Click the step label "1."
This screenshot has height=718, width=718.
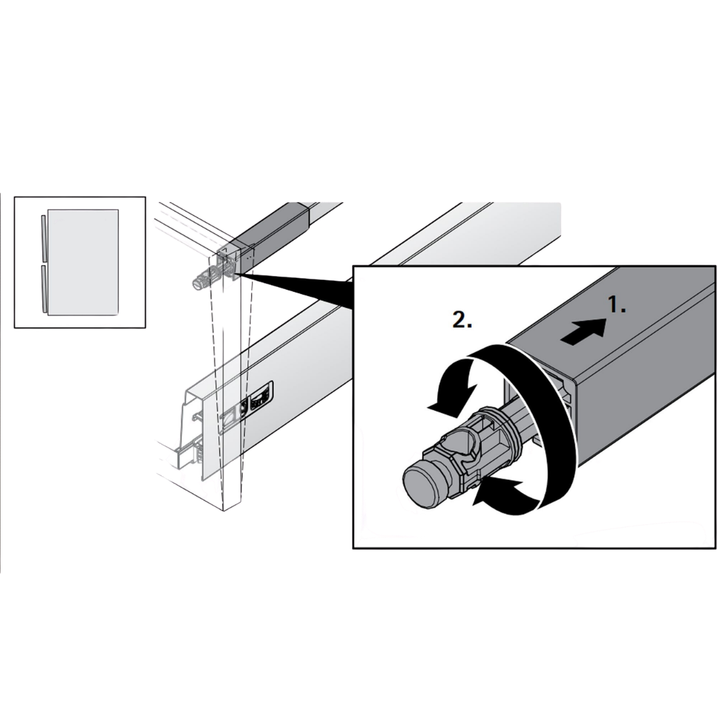click(616, 305)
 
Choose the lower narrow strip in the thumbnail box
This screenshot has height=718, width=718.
click(43, 289)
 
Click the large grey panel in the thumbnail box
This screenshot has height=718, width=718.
click(83, 263)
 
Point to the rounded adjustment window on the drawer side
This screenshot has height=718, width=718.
click(261, 395)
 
